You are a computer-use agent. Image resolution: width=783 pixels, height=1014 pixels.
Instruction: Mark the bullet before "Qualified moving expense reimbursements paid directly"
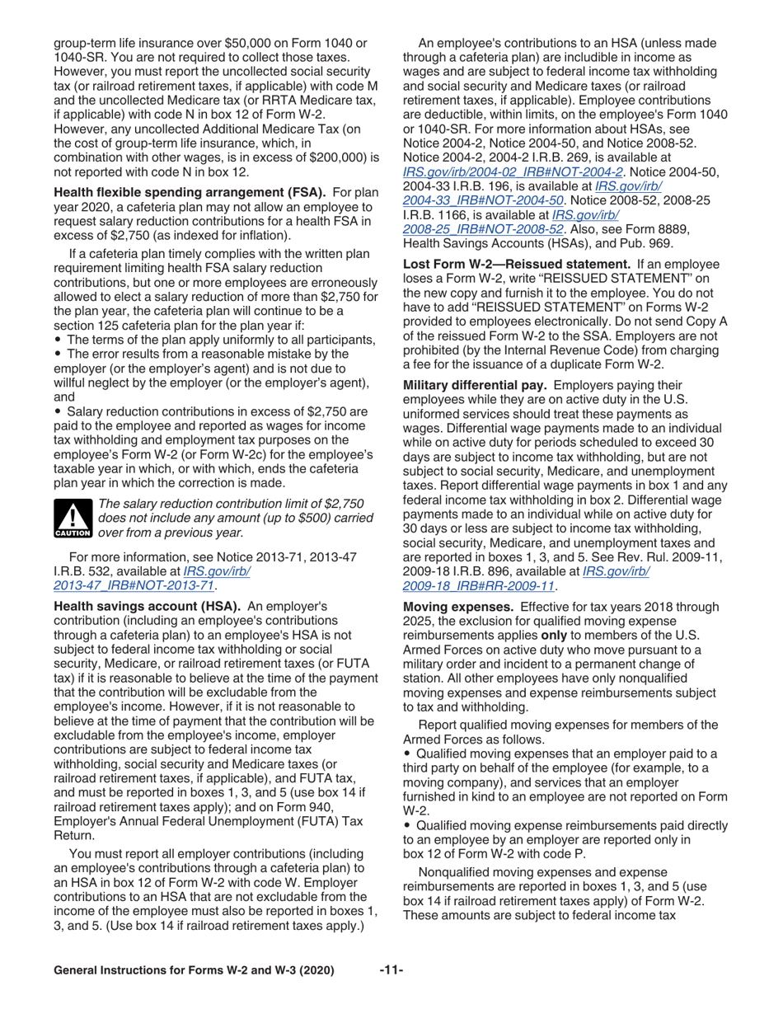406,826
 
